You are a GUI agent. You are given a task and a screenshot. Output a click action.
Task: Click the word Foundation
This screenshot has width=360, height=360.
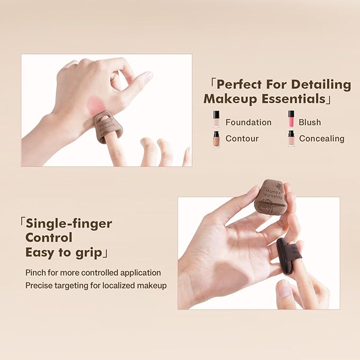pos(248,122)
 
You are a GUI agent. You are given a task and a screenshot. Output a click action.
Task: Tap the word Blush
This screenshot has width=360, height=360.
pos(310,122)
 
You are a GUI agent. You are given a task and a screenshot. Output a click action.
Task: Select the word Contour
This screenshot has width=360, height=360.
pos(242,139)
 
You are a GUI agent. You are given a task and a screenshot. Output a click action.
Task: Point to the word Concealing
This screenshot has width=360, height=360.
pos(321,139)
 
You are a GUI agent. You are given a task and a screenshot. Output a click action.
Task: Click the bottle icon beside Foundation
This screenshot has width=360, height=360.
pos(216,119)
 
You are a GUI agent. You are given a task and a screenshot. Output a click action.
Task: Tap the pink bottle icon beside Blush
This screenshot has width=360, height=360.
pos(291,119)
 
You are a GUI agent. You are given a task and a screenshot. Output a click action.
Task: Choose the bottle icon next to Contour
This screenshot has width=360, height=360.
pos(216,139)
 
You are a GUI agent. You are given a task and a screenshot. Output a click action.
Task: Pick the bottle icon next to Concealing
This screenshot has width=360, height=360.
pos(291,138)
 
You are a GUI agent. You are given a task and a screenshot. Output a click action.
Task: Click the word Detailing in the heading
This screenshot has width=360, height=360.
pos(321,84)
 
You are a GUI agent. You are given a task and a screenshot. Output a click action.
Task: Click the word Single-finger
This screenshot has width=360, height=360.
pos(69,223)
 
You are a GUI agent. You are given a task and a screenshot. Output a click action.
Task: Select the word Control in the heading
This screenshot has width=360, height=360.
pos(49,237)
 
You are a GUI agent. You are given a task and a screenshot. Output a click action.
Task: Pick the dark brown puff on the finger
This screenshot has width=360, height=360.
pos(288,256)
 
